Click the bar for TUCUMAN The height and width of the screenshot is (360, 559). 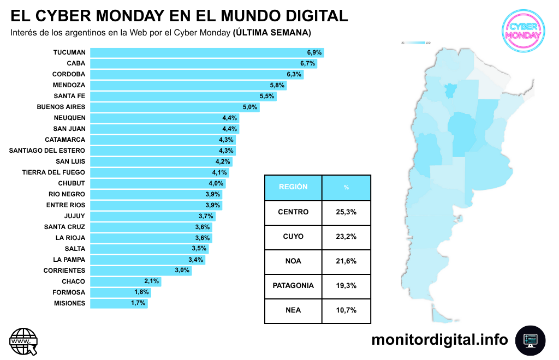tap(206, 52)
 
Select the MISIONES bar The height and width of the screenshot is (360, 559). tap(118, 303)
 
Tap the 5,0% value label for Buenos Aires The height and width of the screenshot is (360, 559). tap(250, 107)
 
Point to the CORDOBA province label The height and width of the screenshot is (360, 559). tap(69, 74)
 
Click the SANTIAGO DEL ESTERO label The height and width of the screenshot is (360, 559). tap(47, 151)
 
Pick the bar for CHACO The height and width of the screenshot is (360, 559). tap(125, 281)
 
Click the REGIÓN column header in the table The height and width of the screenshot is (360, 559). tap(293, 187)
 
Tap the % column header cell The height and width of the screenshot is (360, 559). tap(346, 187)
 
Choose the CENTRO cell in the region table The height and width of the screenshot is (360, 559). tap(293, 212)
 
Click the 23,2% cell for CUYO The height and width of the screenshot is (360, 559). tap(346, 237)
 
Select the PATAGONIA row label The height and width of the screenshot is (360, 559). tap(293, 286)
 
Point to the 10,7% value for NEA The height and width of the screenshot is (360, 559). tap(346, 310)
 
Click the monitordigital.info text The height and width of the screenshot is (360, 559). tap(439, 340)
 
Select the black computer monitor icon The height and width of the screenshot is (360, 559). tap(530, 340)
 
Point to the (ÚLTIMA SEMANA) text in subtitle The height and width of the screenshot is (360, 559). tap(272, 33)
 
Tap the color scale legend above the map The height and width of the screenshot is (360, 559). tap(416, 43)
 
